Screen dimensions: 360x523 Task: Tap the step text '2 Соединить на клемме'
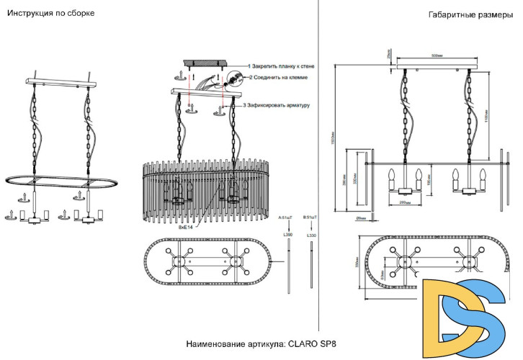point(281,76)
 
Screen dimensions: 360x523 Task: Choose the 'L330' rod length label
point(311,235)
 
